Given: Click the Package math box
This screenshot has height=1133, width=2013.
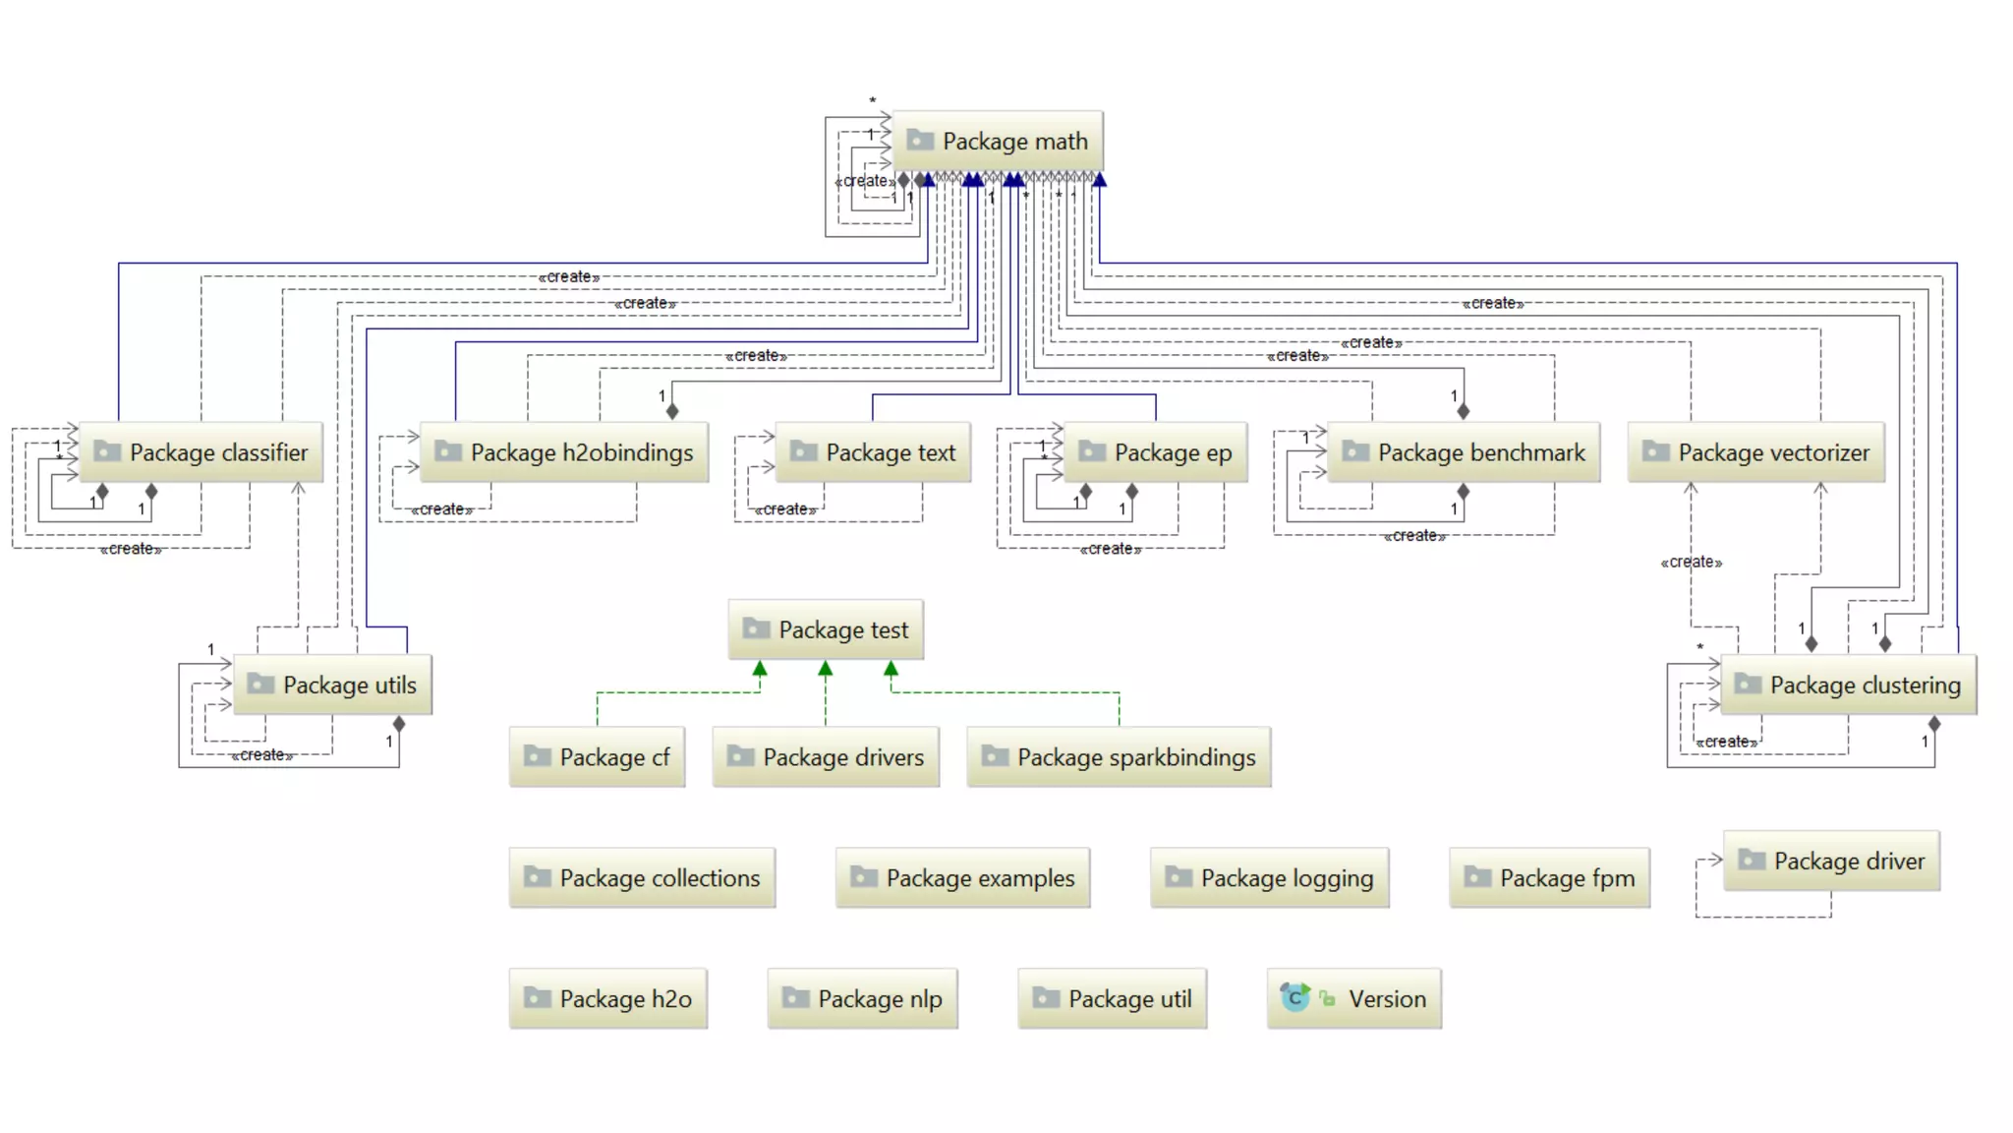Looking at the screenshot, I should (x=998, y=142).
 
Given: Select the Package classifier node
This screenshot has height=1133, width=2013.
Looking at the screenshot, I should (x=201, y=452).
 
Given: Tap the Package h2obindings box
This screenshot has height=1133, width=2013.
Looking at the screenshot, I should (x=564, y=452).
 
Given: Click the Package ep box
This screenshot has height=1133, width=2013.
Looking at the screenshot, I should (x=1156, y=452).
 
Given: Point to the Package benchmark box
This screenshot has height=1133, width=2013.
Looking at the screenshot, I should (x=1464, y=452).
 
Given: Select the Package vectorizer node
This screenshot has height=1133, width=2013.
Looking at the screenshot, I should (x=1756, y=452).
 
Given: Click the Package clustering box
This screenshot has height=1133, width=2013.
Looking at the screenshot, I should (x=1849, y=686).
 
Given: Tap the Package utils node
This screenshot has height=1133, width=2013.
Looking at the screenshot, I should (x=333, y=686).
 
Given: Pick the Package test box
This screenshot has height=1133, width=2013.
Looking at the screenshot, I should (x=826, y=630).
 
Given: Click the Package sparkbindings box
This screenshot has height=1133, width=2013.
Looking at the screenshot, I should (x=1120, y=757).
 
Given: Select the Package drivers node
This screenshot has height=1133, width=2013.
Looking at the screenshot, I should (x=826, y=757).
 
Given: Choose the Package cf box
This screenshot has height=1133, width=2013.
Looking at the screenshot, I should (x=598, y=757).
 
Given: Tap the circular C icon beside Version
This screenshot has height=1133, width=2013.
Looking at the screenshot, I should (x=1294, y=998).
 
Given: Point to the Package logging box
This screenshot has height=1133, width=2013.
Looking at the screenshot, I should (x=1270, y=878).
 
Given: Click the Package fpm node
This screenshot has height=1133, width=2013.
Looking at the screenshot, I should (x=1550, y=878).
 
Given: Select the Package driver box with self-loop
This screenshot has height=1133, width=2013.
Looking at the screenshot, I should (x=1832, y=862).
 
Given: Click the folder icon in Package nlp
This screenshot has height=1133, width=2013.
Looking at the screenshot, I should (x=795, y=998).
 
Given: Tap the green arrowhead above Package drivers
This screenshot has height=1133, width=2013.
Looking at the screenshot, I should (x=826, y=669).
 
